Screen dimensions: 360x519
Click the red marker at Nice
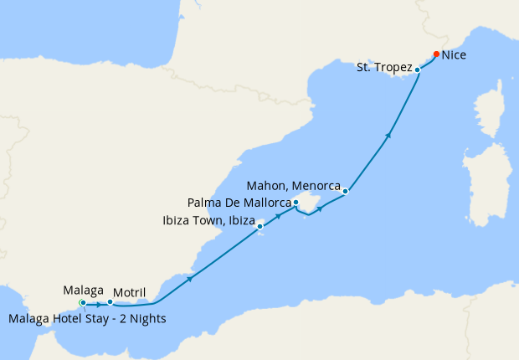436,54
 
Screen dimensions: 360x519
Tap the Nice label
454,55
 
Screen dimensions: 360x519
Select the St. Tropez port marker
418,69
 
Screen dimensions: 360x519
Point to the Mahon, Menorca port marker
345,192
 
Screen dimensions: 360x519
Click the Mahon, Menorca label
294,184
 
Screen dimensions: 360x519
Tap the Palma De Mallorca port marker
295,202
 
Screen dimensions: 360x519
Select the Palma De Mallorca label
239,203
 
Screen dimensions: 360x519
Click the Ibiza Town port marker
260,225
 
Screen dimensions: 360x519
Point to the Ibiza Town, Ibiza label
208,221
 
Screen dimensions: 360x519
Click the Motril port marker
110,302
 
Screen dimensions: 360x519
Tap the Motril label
129,292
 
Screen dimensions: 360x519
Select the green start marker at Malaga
82,302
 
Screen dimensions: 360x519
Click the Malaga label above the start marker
83,290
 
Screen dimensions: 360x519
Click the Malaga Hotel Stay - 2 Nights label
86,318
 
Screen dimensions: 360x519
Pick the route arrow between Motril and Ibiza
191,278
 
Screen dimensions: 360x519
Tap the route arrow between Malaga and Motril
98,303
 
